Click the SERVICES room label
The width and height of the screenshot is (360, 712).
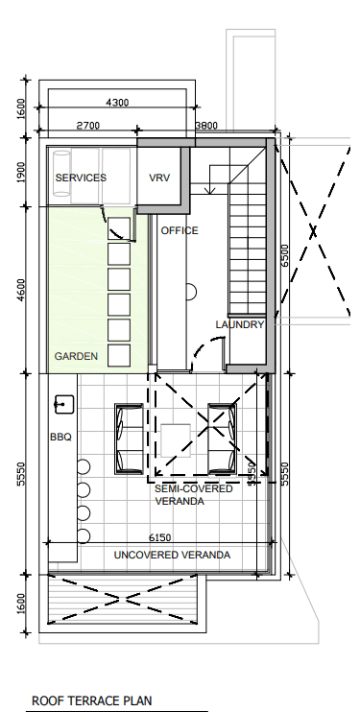[x=81, y=178]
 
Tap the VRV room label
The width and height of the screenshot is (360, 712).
[x=159, y=178]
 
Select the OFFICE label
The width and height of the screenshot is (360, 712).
[x=180, y=230]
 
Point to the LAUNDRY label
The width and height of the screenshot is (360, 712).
[x=240, y=324]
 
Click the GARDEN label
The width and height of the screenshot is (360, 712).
[x=76, y=356]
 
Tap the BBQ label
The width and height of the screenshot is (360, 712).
[x=60, y=438]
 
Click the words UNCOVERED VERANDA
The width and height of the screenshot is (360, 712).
[x=172, y=555]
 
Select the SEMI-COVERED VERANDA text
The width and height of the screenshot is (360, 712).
[x=194, y=495]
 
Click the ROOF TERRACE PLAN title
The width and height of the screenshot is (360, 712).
[x=92, y=701]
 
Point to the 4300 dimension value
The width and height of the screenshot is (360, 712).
[x=117, y=103]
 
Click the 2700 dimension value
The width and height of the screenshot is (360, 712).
[x=87, y=126]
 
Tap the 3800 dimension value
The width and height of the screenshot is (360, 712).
[x=206, y=126]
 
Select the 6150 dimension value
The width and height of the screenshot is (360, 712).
[x=160, y=537]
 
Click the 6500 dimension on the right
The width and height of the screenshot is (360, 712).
[x=285, y=256]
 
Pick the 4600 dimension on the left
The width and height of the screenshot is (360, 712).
[x=20, y=291]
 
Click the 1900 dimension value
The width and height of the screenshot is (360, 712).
[x=20, y=173]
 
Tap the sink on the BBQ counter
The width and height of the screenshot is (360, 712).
[x=64, y=405]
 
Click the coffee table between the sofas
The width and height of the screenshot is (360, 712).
[x=176, y=440]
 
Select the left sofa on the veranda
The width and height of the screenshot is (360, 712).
[x=130, y=439]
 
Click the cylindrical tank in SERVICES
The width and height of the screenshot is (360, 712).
[x=61, y=174]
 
